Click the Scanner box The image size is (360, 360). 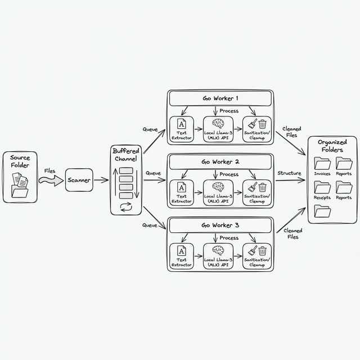[x=79, y=180]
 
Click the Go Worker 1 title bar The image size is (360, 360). [x=220, y=98]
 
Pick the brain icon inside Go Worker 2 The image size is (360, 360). [x=218, y=187]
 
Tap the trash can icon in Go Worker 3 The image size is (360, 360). [x=262, y=250]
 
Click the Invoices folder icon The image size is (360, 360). [x=322, y=164]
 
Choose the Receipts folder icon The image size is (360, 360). [x=322, y=188]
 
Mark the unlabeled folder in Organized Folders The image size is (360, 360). [x=322, y=211]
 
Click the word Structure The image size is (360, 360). [x=289, y=173]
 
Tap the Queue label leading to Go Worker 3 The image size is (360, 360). [x=150, y=225]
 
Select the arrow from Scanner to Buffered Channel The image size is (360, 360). [x=101, y=180]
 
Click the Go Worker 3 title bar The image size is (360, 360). [x=220, y=225]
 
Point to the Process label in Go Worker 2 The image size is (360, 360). [x=229, y=174]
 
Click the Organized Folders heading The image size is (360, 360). [x=332, y=146]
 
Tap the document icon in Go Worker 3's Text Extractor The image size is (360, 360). [x=182, y=250]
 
